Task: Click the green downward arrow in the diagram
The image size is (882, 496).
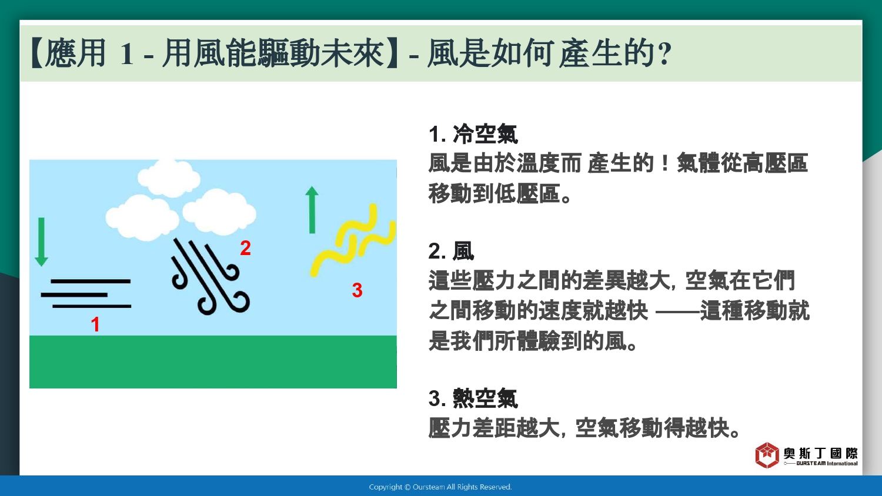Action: [x=41, y=242]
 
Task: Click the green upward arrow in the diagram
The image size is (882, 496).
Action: [x=312, y=210]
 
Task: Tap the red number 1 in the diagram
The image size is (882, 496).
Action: [x=95, y=325]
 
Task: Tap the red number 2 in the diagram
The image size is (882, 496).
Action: [x=245, y=248]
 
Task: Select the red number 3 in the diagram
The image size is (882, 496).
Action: [x=357, y=290]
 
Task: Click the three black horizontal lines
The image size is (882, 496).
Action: [x=86, y=294]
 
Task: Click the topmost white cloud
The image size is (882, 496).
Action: [x=169, y=178]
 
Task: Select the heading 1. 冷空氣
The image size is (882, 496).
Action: [x=473, y=134]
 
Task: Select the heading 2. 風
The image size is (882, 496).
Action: [x=451, y=251]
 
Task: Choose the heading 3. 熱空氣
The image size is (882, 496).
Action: [x=473, y=398]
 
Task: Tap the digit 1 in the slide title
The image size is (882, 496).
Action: [x=127, y=54]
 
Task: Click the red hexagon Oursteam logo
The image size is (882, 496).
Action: [x=767, y=455]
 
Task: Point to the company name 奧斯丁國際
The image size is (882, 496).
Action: [x=820, y=453]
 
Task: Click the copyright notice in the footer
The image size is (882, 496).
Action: [x=440, y=487]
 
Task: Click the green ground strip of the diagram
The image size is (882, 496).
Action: [x=213, y=362]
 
